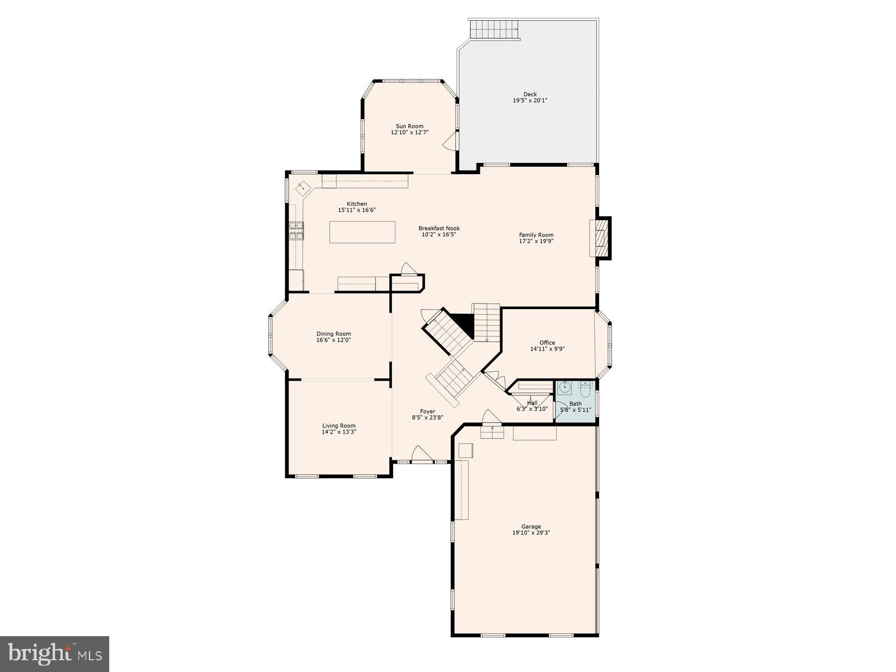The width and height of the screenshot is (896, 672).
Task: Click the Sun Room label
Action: [x=409, y=126]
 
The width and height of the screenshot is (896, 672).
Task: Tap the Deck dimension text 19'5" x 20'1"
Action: [x=530, y=101]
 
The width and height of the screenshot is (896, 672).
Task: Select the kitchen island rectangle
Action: [x=362, y=232]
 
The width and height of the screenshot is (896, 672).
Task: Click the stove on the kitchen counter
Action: [x=296, y=231]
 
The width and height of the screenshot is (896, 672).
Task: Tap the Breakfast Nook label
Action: [x=439, y=228]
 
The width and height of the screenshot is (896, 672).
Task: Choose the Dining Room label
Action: [x=334, y=334]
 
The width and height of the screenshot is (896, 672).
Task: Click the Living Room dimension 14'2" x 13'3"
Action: [x=339, y=432]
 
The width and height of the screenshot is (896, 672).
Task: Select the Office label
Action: [x=547, y=343]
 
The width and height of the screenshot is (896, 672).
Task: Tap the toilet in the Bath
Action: [x=585, y=387]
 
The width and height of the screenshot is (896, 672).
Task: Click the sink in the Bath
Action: [x=566, y=387]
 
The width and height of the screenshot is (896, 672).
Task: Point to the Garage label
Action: [x=531, y=526]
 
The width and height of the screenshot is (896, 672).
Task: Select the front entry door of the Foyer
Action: [x=421, y=455]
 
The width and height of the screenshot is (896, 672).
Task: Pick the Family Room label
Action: [x=536, y=235]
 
